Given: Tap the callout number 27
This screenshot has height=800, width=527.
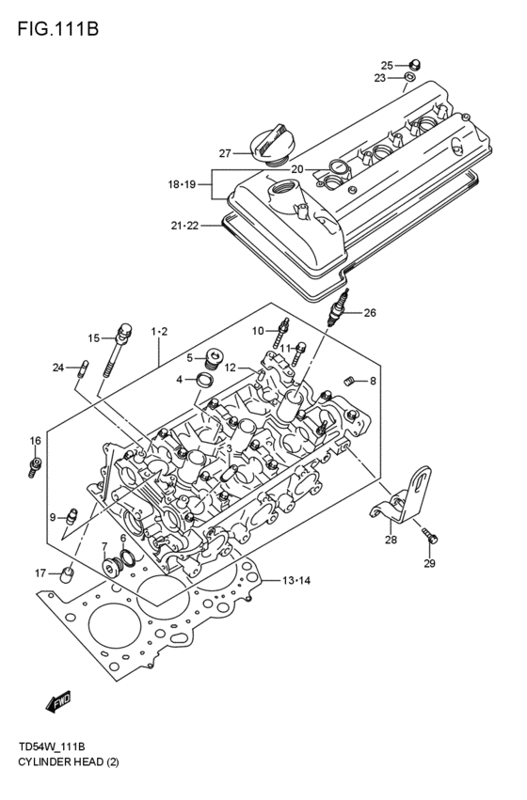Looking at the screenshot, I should [225, 153].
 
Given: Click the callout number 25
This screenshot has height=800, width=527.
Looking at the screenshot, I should [387, 65].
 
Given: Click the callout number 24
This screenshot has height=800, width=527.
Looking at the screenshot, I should [57, 368].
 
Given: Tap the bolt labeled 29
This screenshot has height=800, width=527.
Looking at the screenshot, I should [431, 538].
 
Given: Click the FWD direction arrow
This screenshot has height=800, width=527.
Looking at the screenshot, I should [58, 700].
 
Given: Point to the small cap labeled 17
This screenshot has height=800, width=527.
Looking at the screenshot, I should [67, 573].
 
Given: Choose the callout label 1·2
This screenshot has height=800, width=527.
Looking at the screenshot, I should [159, 331].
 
